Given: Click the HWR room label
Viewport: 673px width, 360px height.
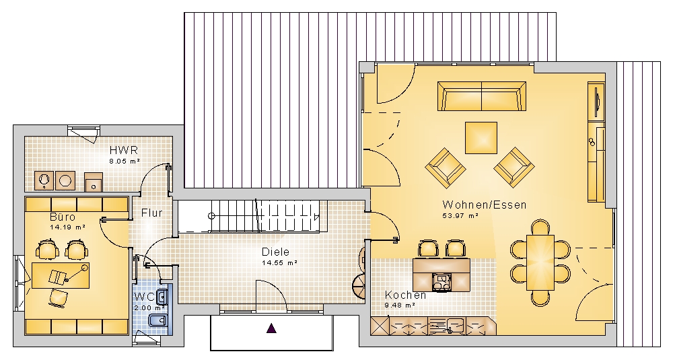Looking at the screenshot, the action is click(124, 150).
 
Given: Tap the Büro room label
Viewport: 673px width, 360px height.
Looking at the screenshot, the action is click(63, 217).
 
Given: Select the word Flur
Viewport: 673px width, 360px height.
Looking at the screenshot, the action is click(152, 213).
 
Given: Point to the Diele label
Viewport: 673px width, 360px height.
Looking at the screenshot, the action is click(275, 252).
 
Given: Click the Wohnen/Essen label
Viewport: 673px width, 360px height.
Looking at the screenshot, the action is click(485, 205).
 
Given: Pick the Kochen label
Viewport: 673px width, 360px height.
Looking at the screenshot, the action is click(406, 295).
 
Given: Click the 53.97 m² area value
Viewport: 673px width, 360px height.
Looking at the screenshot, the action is click(460, 216).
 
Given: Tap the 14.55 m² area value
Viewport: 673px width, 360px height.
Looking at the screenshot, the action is click(279, 263).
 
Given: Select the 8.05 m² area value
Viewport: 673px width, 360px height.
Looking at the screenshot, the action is click(125, 161).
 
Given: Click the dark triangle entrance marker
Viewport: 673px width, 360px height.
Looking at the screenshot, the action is click(272, 328).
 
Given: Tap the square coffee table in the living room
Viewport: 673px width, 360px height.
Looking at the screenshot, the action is click(481, 138).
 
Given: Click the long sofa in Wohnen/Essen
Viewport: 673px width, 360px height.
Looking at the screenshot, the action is click(482, 96).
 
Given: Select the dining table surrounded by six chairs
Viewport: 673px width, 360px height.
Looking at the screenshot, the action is click(540, 262).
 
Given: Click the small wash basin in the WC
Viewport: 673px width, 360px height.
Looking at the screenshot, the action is click(162, 296).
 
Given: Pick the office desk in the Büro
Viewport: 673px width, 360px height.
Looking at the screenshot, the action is click(61, 275).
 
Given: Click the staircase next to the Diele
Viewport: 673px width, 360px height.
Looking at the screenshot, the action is click(250, 215).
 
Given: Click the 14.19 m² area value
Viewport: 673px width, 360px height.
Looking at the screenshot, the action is click(67, 227).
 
